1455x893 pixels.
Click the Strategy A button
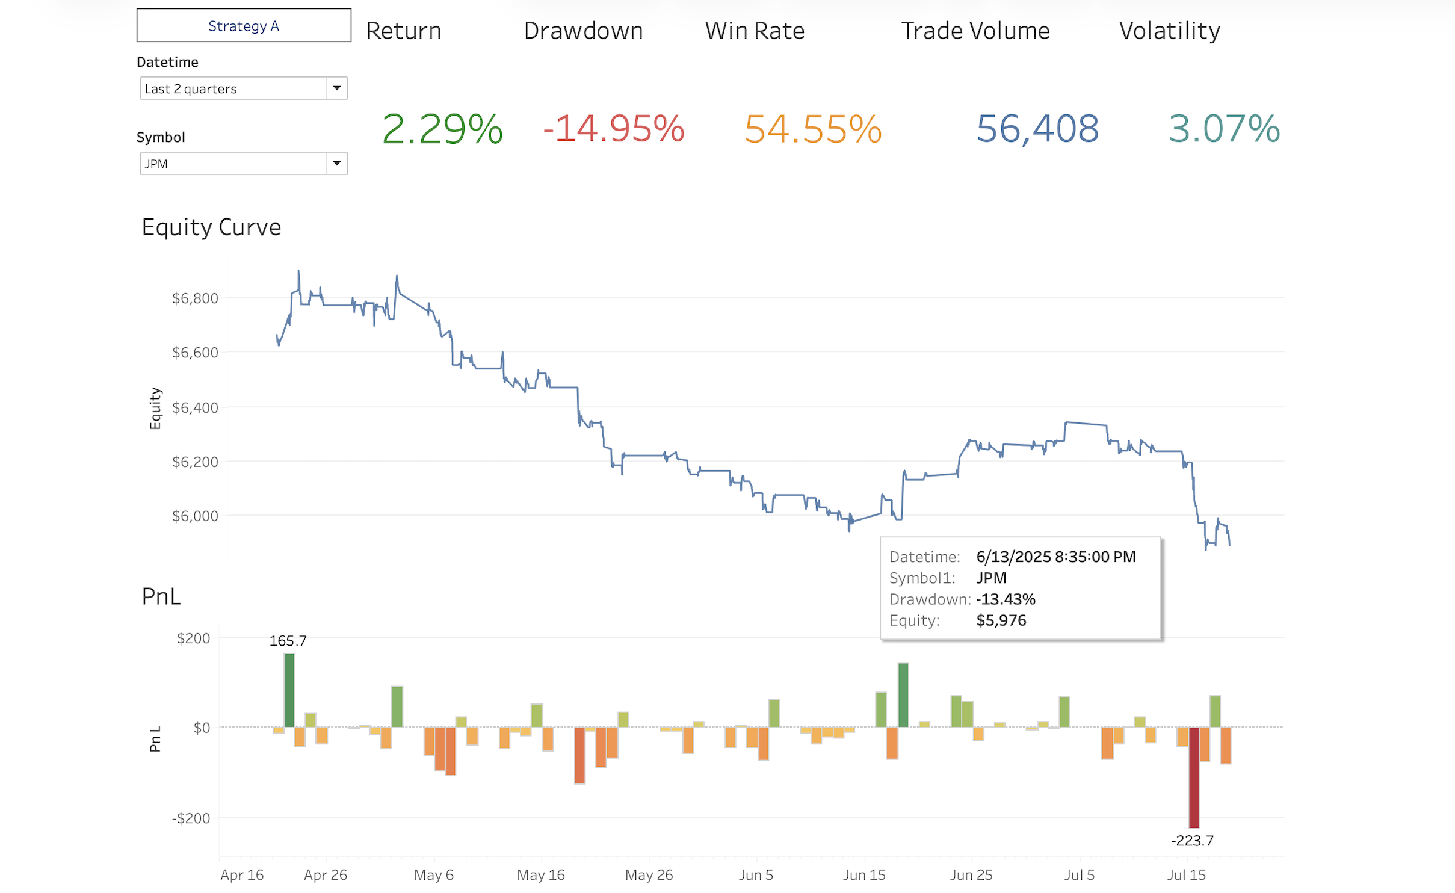tap(244, 25)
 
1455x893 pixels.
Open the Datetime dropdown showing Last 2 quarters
tap(244, 88)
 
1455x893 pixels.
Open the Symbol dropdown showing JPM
tap(244, 164)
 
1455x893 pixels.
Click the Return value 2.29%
tap(442, 129)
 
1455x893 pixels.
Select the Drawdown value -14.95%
tap(613, 129)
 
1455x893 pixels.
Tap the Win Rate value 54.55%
tap(812, 129)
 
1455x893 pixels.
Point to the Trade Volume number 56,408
tap(1037, 129)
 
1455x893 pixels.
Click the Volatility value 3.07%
tap(1224, 129)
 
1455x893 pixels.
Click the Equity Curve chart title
tap(211, 227)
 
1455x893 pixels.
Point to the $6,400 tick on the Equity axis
tap(195, 408)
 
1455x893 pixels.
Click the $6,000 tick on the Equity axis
tap(195, 516)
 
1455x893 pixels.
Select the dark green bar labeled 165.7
tap(289, 690)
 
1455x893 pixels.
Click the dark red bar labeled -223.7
tap(1194, 777)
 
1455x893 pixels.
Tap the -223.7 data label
tap(1193, 841)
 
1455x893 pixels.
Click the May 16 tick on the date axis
tap(540, 875)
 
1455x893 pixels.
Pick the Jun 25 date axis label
tap(971, 875)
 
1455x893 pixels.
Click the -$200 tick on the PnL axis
tap(191, 818)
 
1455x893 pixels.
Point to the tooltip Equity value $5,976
tap(1001, 620)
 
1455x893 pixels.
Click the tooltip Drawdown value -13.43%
tap(1006, 599)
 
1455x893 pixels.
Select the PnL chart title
tap(161, 596)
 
